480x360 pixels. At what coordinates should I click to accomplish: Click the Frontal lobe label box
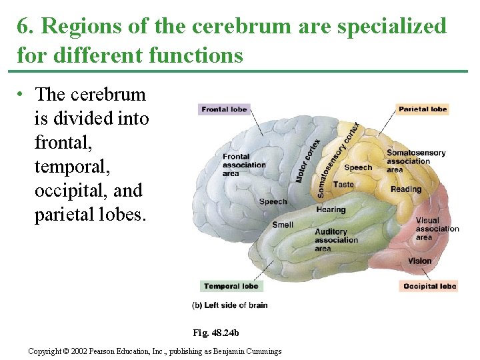tap(224, 109)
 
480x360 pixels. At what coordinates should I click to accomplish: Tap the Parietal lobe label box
tap(423, 109)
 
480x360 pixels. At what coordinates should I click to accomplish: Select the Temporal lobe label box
tap(231, 287)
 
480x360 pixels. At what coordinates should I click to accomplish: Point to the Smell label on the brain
tap(283, 225)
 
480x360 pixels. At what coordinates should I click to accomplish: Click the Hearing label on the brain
tap(331, 209)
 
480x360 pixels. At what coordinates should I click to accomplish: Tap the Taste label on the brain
tap(343, 185)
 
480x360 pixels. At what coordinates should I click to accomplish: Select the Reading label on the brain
tap(406, 189)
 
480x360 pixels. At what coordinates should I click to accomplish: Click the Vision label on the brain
tap(420, 261)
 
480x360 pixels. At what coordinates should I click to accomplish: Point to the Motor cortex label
tap(308, 161)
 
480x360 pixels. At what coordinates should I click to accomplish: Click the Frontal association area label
tap(243, 165)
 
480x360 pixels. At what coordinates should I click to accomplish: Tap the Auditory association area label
tap(336, 240)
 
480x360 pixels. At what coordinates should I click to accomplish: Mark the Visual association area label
tap(437, 229)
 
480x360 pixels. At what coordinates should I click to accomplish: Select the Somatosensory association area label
tap(415, 161)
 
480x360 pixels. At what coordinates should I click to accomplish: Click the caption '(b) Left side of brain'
tap(230, 305)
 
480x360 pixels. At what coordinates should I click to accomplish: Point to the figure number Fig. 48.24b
tap(215, 332)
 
